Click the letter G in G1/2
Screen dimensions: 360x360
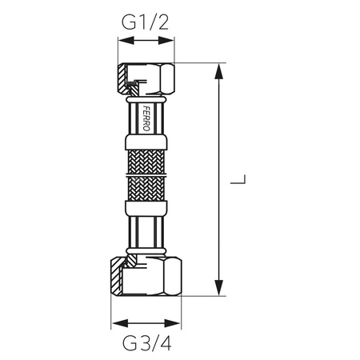pyautogui.click(x=128, y=22)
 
